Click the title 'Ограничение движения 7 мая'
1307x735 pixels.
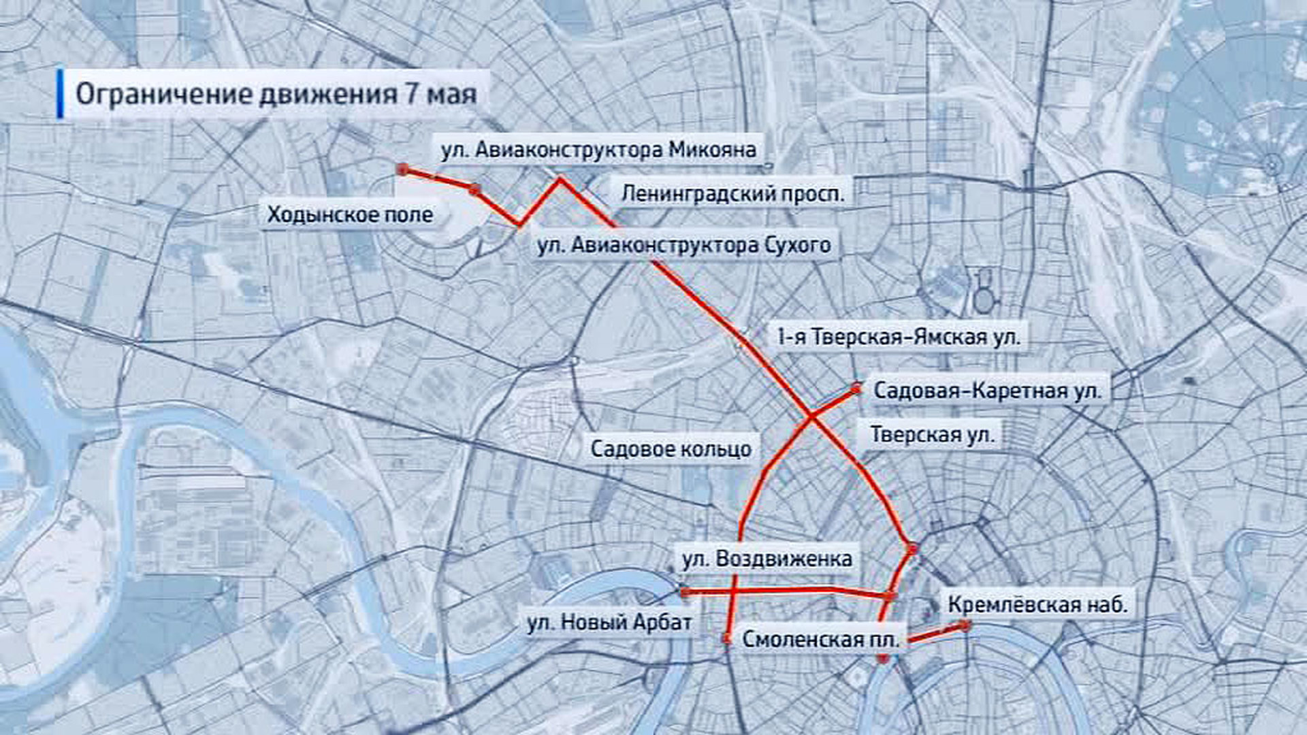tap(276, 94)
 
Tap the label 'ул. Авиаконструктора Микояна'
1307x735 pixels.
tap(598, 150)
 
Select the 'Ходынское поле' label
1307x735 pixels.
tap(350, 215)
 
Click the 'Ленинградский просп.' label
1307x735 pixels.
tap(732, 194)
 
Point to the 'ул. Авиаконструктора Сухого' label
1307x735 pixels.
tap(683, 245)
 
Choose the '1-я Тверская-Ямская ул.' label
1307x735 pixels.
tap(899, 337)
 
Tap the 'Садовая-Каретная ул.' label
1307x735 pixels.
tap(987, 391)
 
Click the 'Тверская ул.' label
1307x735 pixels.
tap(932, 434)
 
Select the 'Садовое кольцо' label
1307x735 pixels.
tap(671, 449)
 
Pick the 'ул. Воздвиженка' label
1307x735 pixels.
tap(767, 559)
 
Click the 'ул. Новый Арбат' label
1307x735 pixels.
tap(609, 622)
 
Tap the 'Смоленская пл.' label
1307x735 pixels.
tap(821, 640)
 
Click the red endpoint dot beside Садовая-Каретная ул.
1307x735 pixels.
tap(856, 389)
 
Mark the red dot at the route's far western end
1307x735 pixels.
tap(402, 169)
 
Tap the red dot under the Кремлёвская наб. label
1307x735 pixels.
tap(965, 625)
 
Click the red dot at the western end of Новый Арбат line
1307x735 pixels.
tap(685, 592)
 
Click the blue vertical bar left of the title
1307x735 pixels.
tap(61, 93)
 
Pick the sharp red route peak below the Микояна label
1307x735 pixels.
tap(560, 180)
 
